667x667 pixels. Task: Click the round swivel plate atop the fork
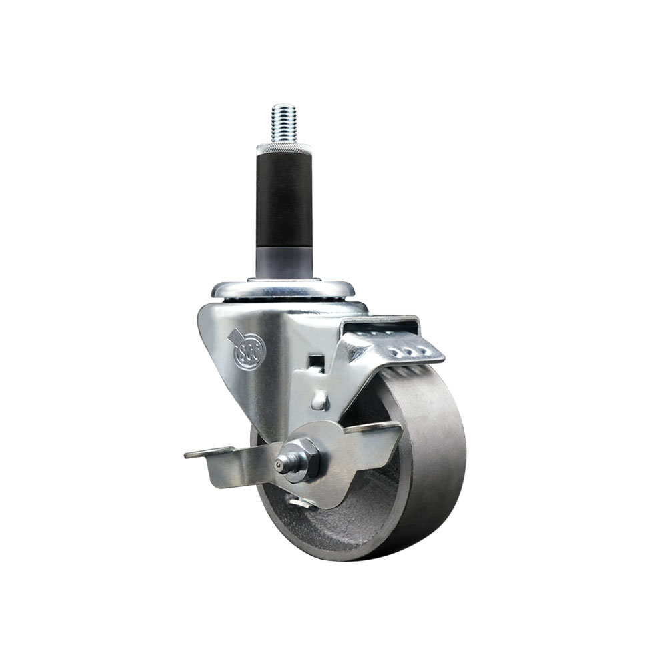pos(283,289)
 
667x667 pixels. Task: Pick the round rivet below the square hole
pos(321,399)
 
